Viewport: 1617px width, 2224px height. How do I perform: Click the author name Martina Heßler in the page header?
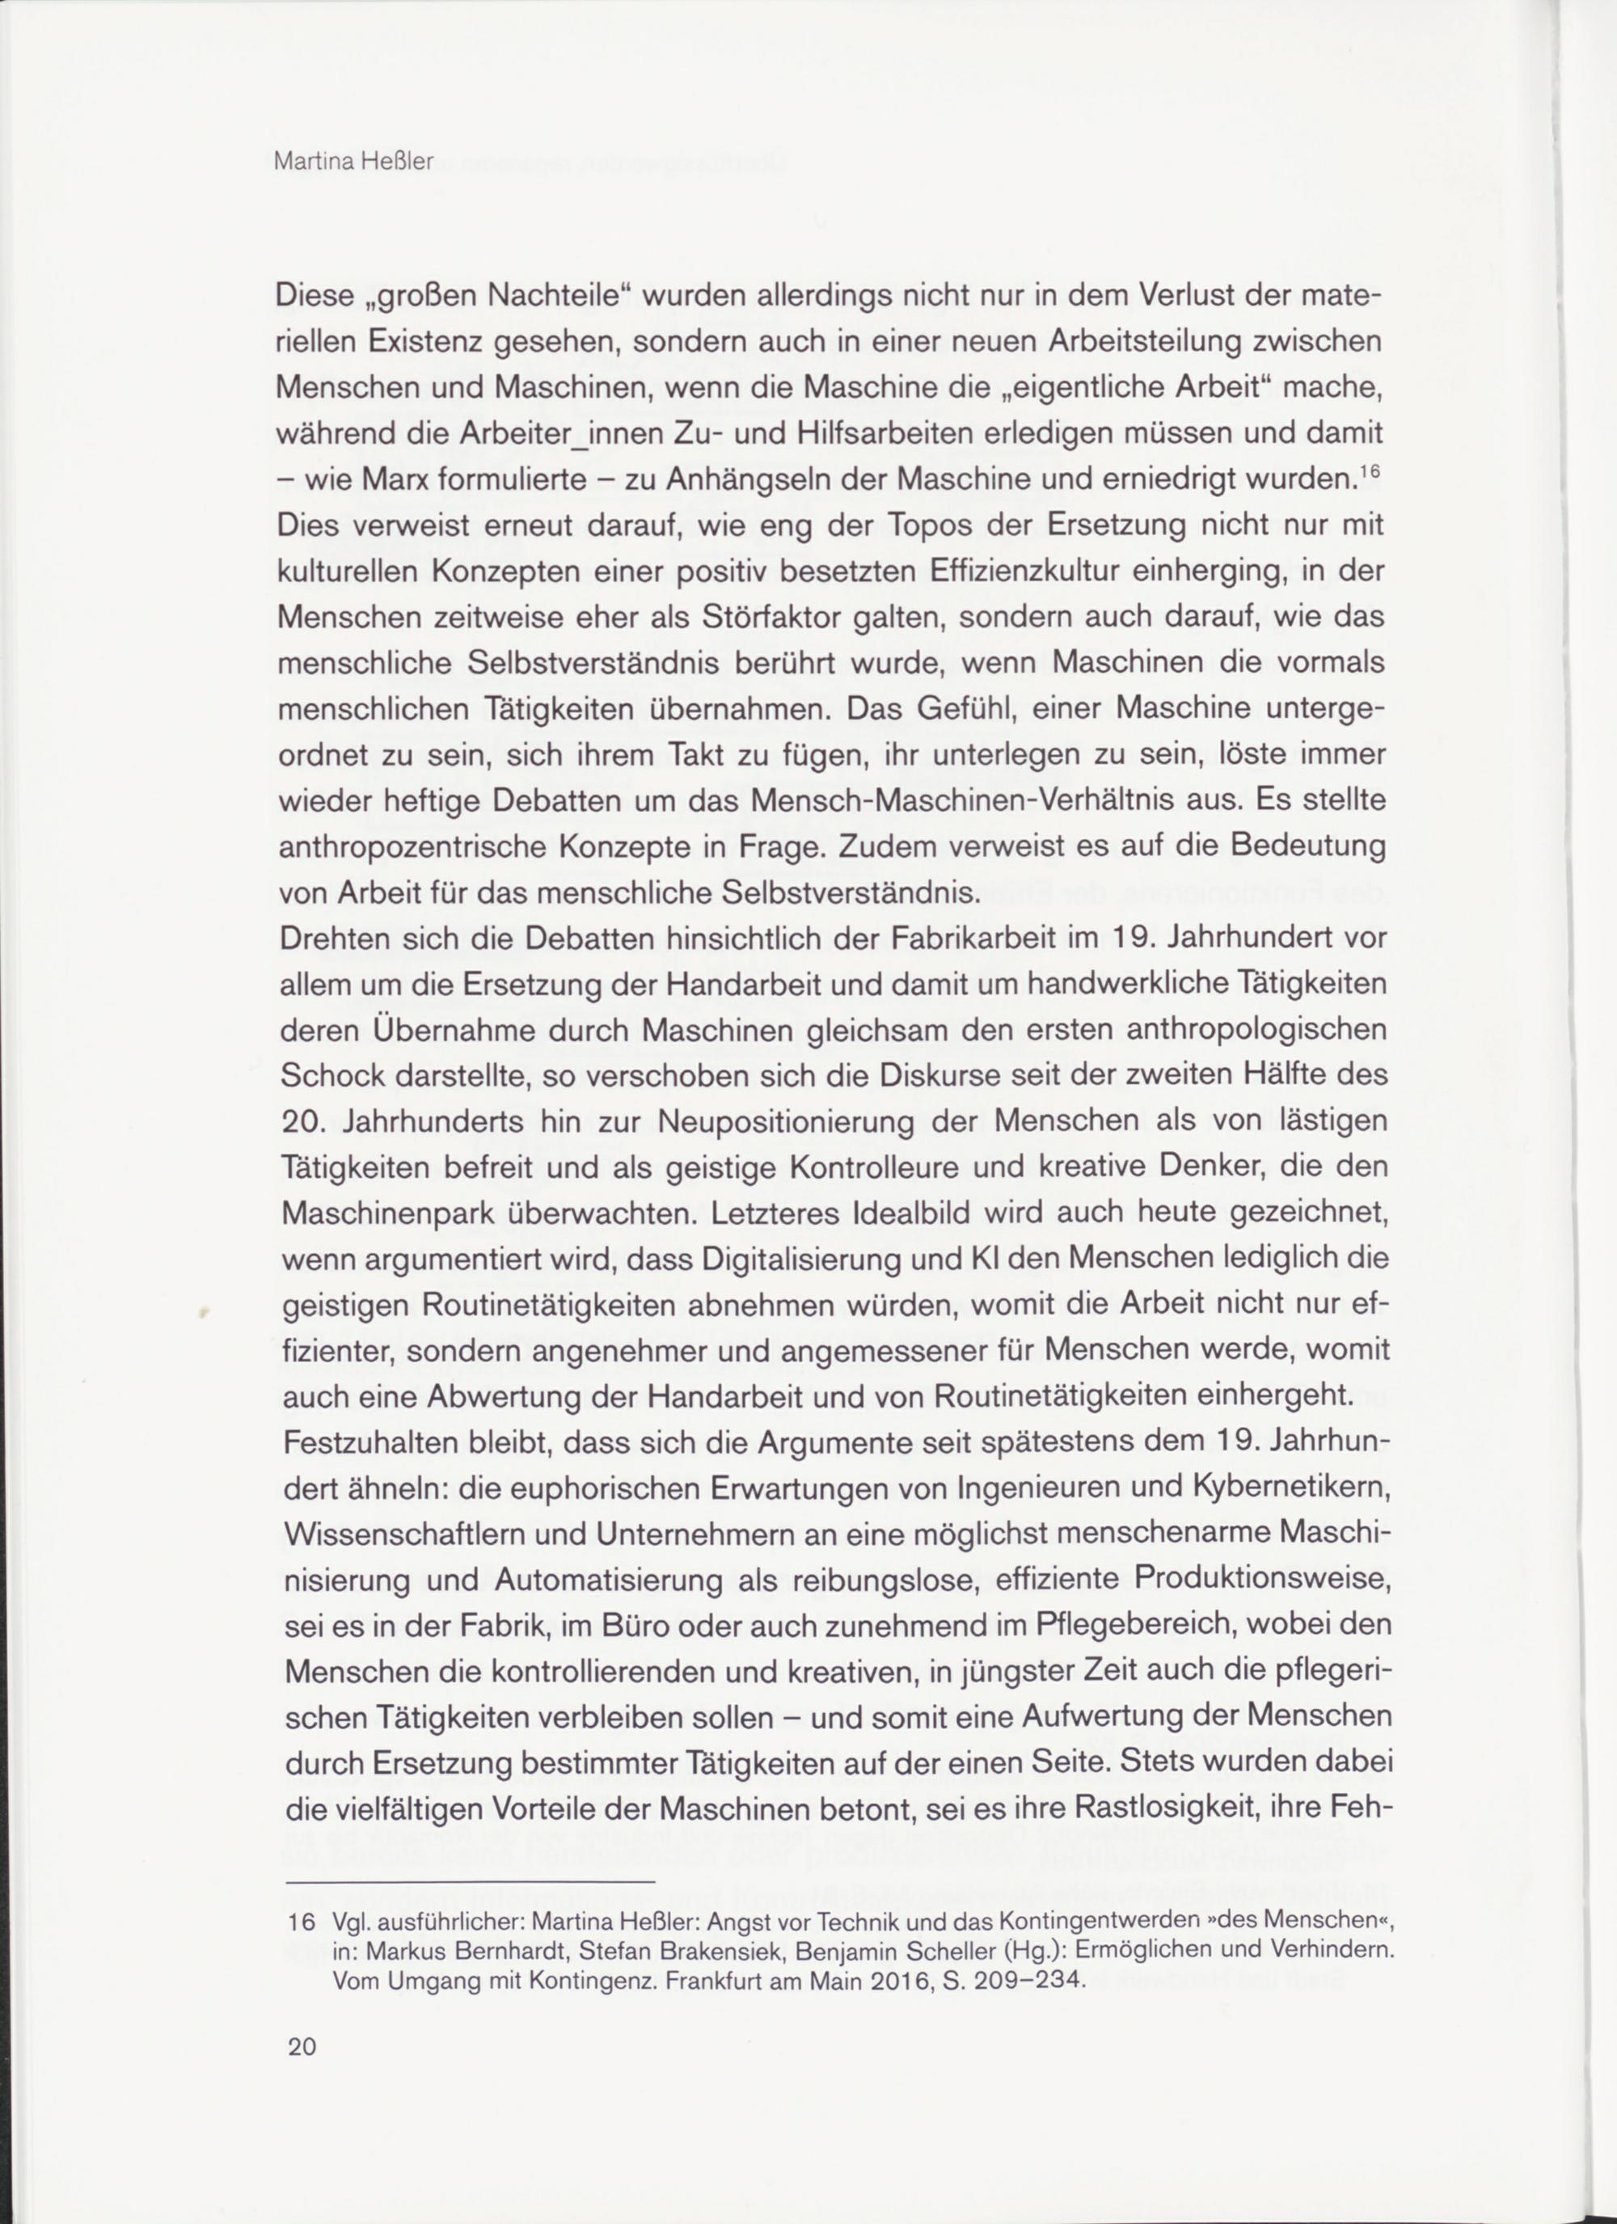pos(353,162)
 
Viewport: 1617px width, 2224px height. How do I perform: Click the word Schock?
pos(331,1076)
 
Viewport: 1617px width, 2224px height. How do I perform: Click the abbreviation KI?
pos(977,1258)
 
